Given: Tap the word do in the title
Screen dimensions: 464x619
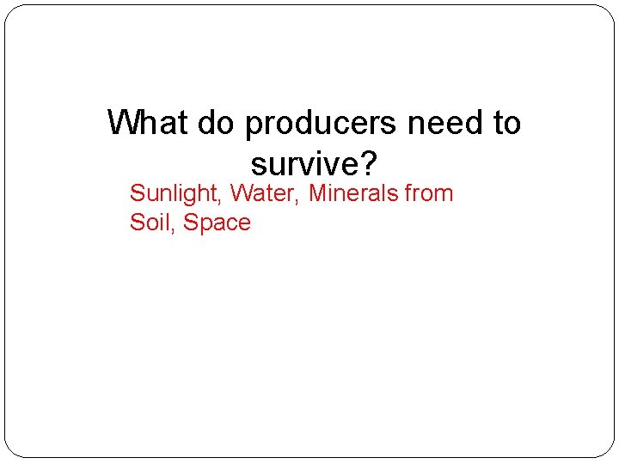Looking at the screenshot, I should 218,123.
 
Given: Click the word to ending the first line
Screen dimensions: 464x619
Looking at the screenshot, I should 506,123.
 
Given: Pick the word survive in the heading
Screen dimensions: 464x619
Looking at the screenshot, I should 307,162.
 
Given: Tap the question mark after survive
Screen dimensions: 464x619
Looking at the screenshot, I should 371,162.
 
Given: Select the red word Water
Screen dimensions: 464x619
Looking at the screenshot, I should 262,193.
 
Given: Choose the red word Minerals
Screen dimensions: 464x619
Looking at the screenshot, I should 352,193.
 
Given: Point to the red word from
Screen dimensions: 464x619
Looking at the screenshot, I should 428,193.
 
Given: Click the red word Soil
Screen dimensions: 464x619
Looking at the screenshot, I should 150,223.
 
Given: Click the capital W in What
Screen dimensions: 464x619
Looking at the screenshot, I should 122,123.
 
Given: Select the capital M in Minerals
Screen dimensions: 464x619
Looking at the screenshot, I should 317,193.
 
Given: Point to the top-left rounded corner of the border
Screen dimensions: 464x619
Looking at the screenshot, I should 10,10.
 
